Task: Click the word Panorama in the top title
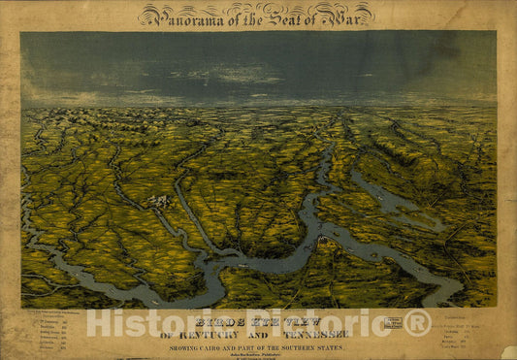click(x=184, y=16)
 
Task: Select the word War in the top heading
click(x=349, y=15)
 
